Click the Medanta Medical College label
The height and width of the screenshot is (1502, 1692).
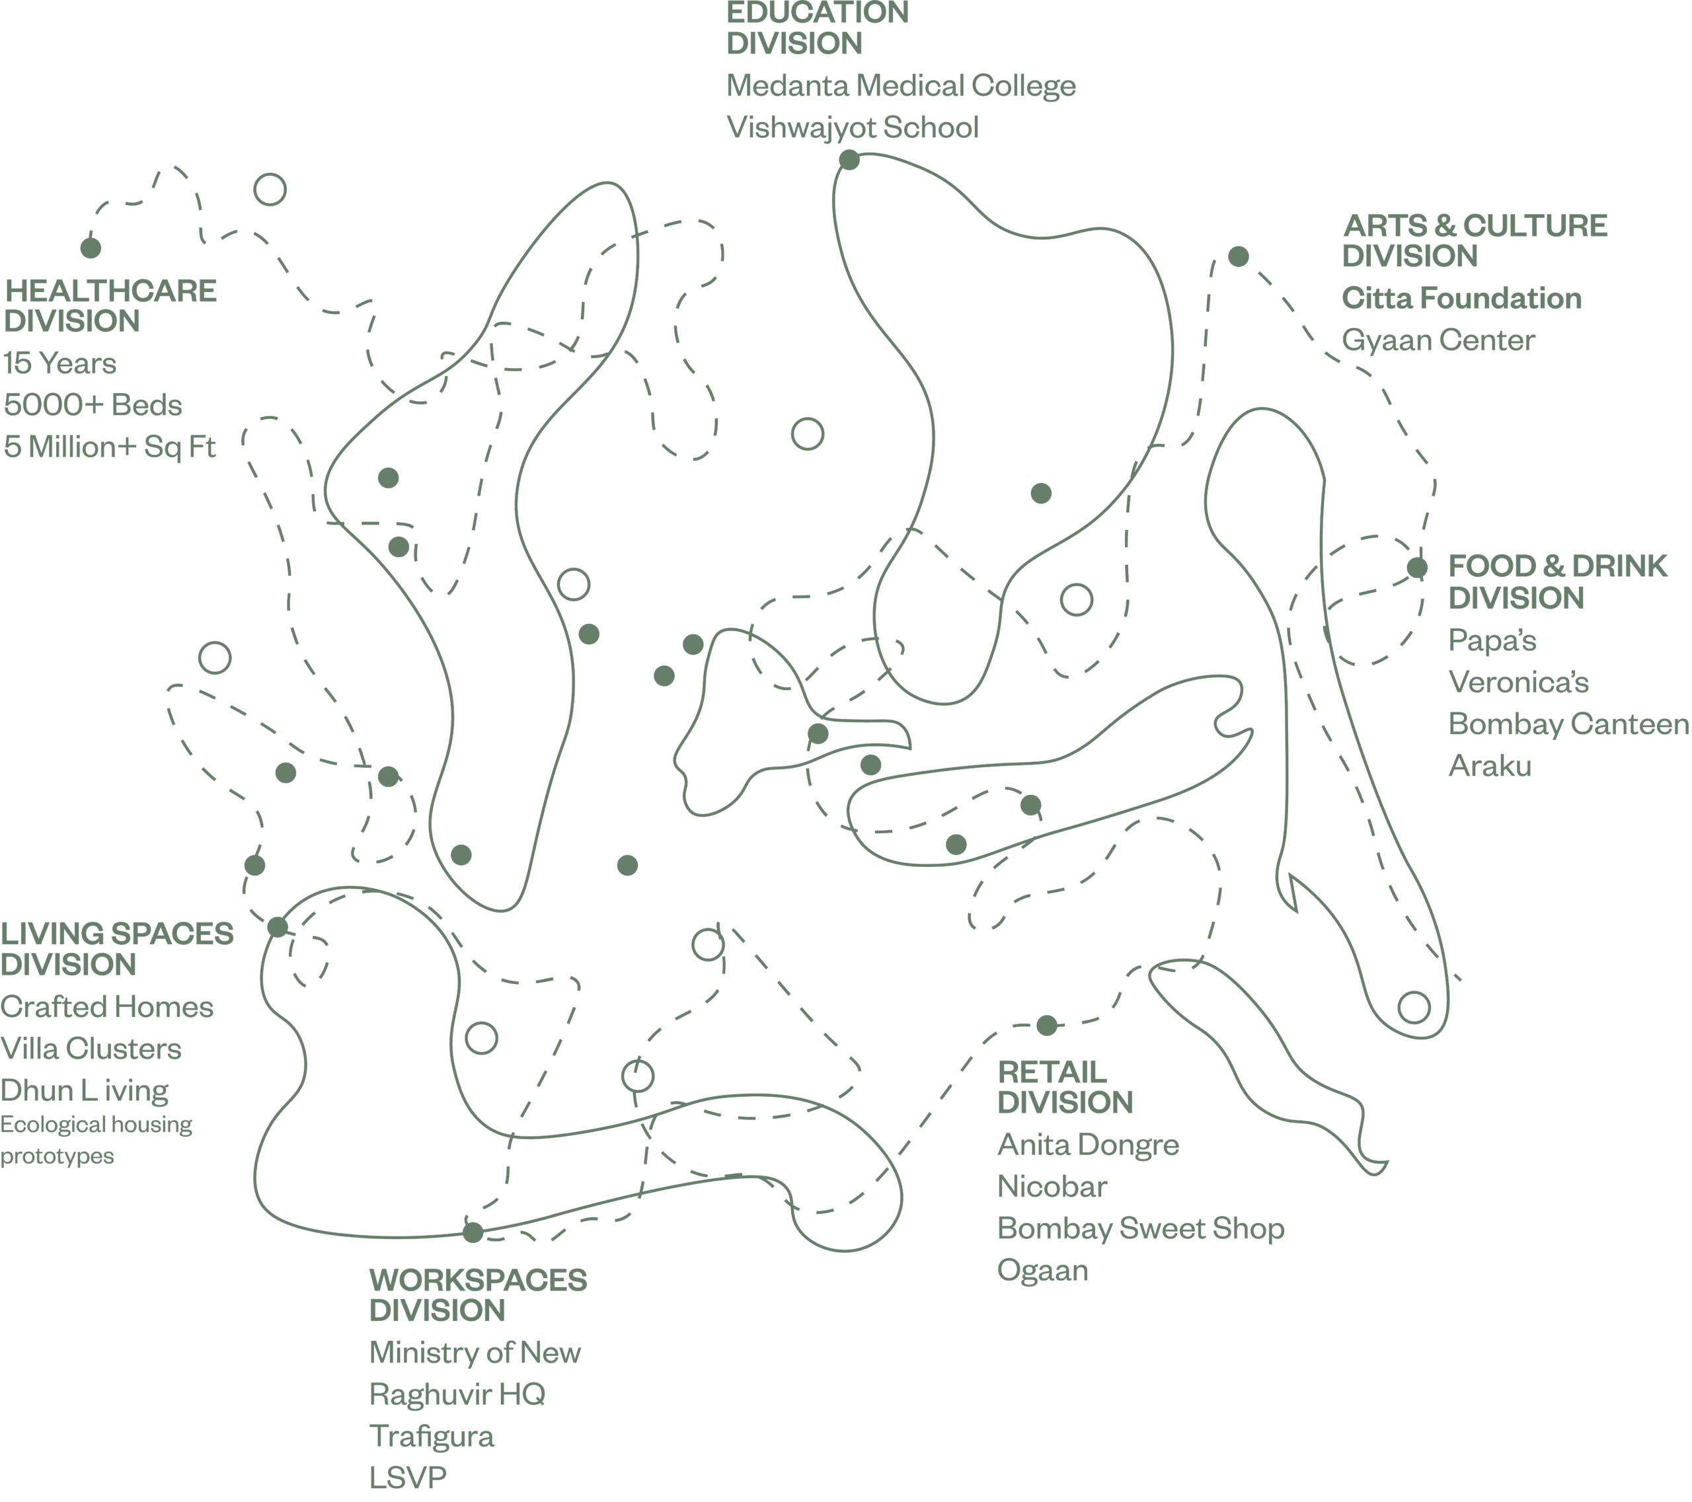tap(901, 86)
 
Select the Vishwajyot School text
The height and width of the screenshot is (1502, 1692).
tap(852, 128)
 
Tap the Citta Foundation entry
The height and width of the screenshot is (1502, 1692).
tap(1461, 299)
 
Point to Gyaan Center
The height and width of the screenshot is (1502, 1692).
tap(1438, 340)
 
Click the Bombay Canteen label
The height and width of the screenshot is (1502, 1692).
tap(1568, 724)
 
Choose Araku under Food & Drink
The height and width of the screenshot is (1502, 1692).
tap(1489, 767)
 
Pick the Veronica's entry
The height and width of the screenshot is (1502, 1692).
tap(1518, 683)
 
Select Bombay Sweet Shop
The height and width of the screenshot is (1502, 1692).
tap(1140, 1229)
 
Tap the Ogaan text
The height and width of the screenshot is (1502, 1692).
tap(1042, 1270)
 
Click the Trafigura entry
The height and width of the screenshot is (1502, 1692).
tap(432, 1437)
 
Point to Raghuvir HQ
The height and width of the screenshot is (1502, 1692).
tap(457, 1394)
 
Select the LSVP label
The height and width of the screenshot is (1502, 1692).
tap(407, 1477)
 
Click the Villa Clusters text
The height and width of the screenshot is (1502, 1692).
tap(91, 1049)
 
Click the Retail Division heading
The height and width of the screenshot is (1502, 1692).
tap(1065, 1088)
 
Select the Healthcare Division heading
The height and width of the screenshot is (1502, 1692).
tap(110, 306)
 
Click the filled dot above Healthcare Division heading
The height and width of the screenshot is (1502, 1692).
tap(91, 247)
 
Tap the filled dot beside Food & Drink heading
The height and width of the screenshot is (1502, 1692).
tap(1417, 568)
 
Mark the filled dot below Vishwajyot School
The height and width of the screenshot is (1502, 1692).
tap(849, 160)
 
